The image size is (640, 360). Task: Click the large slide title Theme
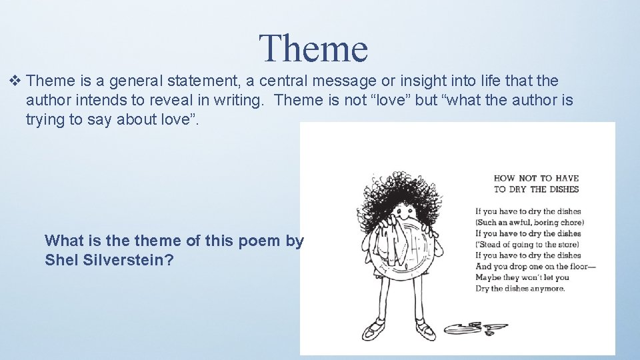tap(313, 48)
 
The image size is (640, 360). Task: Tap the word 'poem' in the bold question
tap(259, 241)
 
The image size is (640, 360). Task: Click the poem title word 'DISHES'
tap(564, 189)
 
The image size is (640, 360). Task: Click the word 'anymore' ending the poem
tap(548, 289)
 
